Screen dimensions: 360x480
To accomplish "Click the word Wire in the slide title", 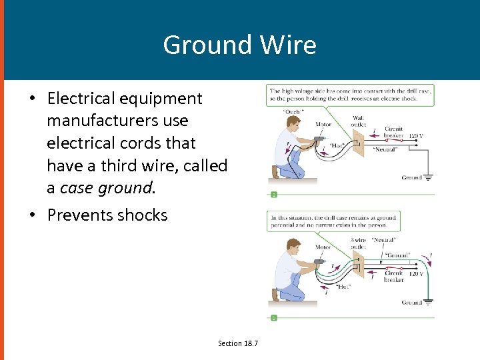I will pyautogui.click(x=287, y=45).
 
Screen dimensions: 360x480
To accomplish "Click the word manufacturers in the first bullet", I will pyautogui.click(x=117, y=121).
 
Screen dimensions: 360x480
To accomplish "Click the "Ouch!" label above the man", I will pyautogui.click(x=293, y=111).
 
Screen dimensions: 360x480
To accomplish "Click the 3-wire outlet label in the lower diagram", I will pyautogui.click(x=358, y=243).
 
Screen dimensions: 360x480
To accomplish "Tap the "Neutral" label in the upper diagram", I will pyautogui.click(x=385, y=150).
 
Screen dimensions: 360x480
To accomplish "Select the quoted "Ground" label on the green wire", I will pyautogui.click(x=398, y=254).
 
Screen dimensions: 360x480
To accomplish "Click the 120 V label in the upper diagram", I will pyautogui.click(x=416, y=136).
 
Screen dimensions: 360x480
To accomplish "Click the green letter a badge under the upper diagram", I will pyautogui.click(x=273, y=195).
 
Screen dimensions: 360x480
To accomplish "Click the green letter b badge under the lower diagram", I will pyautogui.click(x=273, y=318).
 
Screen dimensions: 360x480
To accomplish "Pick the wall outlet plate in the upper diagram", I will pyautogui.click(x=358, y=144).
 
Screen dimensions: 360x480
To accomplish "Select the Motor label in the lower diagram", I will pyautogui.click(x=323, y=247).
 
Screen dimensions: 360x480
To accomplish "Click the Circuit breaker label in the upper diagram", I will pyautogui.click(x=393, y=132).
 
